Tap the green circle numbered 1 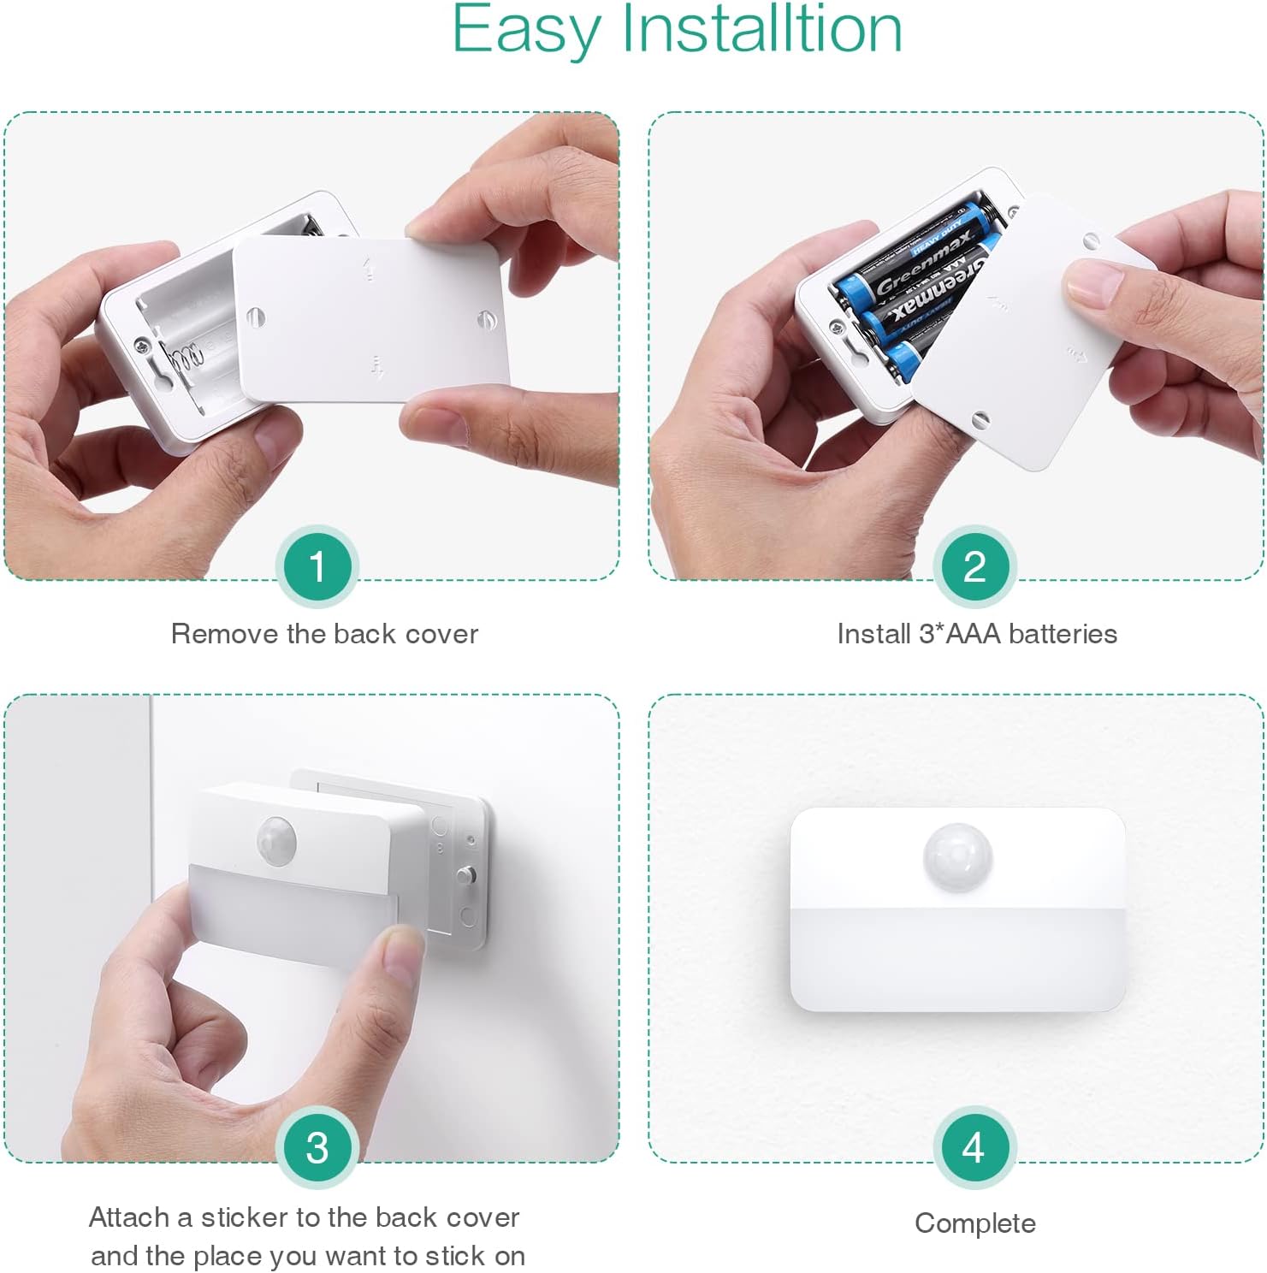317,566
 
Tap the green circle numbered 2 974,566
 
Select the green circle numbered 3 317,1148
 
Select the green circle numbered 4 974,1148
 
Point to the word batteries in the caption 1063,634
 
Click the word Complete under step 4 975,1224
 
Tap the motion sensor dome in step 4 957,856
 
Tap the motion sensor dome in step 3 275,839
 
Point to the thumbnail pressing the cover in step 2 1093,283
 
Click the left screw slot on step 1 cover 255,317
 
